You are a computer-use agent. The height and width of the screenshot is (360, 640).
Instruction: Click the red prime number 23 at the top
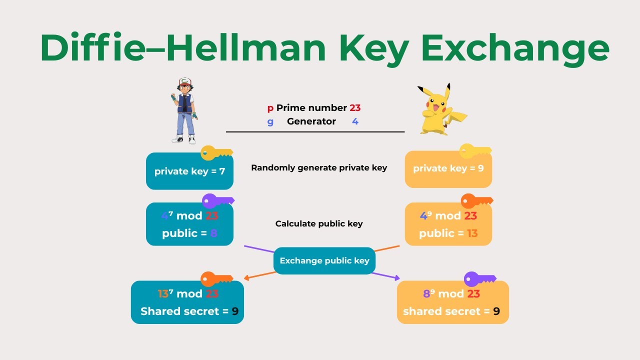click(355, 107)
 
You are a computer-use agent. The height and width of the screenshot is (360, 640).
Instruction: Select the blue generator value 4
click(355, 121)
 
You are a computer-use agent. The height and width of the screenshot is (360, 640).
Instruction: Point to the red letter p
click(270, 108)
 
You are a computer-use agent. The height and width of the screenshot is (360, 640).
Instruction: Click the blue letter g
click(270, 122)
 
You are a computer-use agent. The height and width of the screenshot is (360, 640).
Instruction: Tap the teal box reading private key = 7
click(189, 171)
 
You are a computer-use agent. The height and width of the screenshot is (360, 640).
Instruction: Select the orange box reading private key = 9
click(448, 169)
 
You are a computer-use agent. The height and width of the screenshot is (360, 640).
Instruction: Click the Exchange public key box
click(324, 260)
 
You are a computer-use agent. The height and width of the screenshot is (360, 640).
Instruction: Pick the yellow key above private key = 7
click(216, 153)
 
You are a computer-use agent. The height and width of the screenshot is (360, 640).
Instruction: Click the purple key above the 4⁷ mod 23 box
click(218, 201)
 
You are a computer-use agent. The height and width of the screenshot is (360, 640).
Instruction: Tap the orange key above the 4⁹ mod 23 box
click(476, 201)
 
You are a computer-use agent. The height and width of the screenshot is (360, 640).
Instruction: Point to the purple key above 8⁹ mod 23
click(479, 279)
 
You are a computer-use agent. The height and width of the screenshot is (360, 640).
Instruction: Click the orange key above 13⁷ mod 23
click(216, 279)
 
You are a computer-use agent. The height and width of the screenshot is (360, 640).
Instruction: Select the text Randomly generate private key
click(319, 168)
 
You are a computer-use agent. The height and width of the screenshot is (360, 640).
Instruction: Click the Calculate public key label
click(319, 223)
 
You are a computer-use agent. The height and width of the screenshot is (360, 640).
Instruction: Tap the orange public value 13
click(472, 233)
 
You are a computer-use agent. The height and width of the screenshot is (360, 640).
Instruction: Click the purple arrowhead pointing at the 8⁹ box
click(397, 278)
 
